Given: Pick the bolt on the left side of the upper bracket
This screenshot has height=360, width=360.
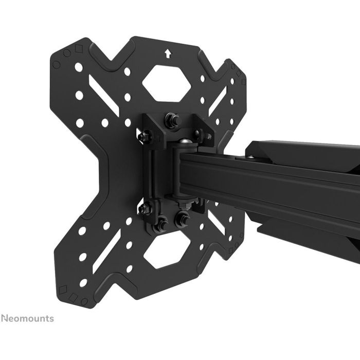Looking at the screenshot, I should click(x=145, y=137).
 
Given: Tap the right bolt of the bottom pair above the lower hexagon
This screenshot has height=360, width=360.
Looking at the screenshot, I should click(x=182, y=220).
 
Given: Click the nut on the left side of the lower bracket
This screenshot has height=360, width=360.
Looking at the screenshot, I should click(x=145, y=209).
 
